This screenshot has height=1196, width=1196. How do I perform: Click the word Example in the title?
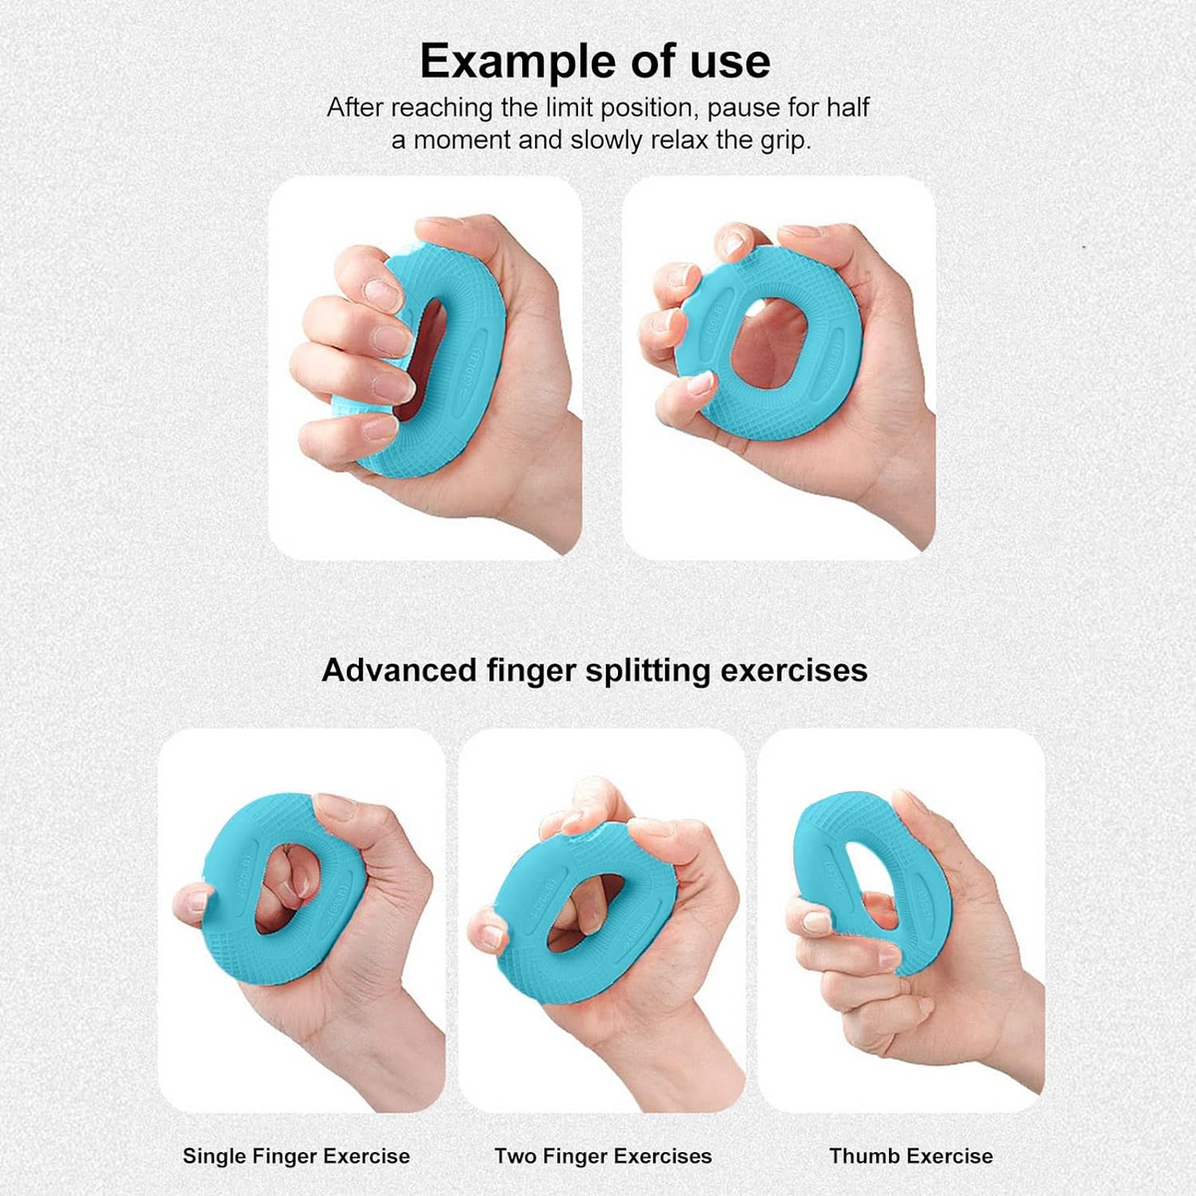[517, 62]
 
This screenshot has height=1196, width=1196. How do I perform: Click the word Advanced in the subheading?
[400, 671]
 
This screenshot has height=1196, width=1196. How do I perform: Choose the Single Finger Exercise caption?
[296, 1156]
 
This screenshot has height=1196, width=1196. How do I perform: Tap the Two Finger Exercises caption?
[603, 1156]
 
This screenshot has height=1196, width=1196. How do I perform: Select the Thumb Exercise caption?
[911, 1156]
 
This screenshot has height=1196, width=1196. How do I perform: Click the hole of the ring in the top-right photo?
[769, 345]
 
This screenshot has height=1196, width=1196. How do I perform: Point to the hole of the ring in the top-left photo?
[421, 360]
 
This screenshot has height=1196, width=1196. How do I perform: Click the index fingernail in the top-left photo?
[382, 295]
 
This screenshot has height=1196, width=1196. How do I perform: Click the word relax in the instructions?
[679, 141]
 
